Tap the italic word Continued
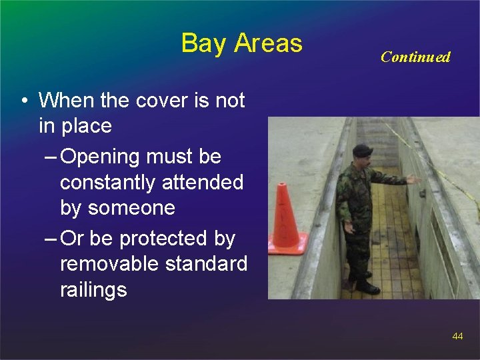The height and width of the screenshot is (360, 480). point(415,57)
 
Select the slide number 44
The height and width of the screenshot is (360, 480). point(457,337)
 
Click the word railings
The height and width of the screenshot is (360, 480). point(93,290)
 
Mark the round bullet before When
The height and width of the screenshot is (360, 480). point(23,101)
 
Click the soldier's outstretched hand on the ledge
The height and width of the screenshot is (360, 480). point(414,179)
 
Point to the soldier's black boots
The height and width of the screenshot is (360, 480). point(365,285)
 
